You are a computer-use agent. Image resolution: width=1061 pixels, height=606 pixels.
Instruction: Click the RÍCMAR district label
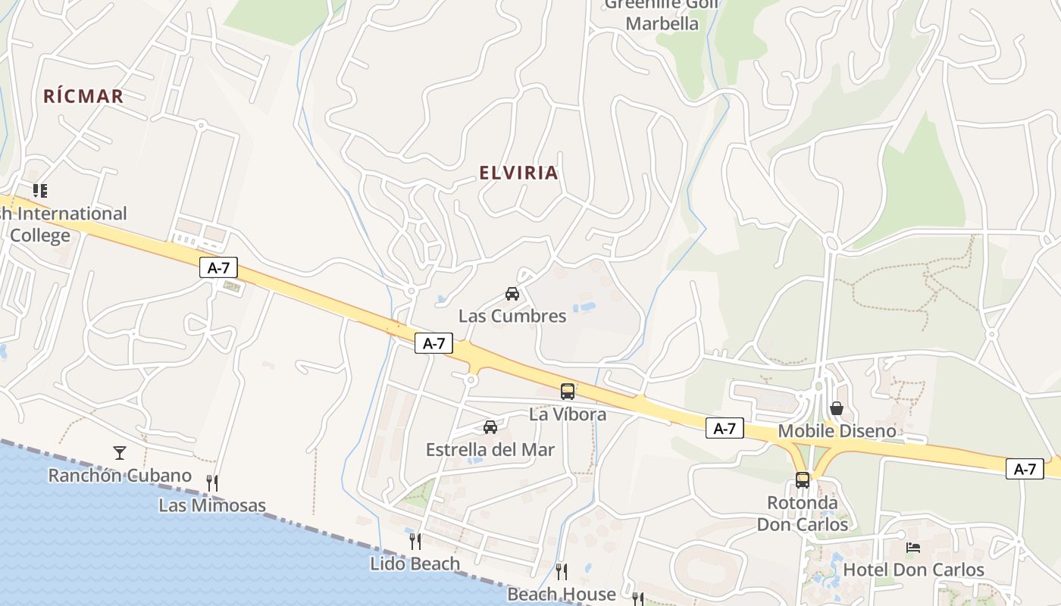click(83, 96)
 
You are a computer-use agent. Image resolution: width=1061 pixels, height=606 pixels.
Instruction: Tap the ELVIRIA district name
click(518, 173)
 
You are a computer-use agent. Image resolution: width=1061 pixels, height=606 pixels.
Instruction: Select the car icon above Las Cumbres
click(512, 294)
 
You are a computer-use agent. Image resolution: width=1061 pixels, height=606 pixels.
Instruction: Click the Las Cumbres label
click(512, 316)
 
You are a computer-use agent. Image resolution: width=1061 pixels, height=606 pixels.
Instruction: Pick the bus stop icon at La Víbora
click(568, 391)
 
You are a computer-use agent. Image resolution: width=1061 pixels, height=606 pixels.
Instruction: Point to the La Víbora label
click(568, 414)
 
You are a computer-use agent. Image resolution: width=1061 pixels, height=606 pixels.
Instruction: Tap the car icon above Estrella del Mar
click(490, 427)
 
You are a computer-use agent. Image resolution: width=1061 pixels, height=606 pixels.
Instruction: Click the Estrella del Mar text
click(490, 449)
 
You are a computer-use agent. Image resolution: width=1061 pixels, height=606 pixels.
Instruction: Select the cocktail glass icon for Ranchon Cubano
click(120, 453)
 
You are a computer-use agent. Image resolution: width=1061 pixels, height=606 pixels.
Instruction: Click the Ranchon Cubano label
click(120, 476)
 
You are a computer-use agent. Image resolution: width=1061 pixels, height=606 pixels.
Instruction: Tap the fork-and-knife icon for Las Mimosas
click(212, 483)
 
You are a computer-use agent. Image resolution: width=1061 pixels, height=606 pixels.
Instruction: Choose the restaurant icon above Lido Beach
click(415, 541)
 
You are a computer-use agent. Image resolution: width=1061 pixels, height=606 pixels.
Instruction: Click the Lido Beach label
click(415, 564)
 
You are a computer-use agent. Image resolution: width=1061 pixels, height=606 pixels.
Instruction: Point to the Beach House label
click(562, 594)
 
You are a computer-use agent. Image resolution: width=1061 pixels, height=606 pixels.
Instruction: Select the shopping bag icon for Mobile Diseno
click(837, 409)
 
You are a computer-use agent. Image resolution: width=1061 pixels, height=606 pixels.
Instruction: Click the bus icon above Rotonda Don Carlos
click(803, 480)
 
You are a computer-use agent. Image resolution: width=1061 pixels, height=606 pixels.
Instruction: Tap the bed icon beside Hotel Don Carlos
click(913, 548)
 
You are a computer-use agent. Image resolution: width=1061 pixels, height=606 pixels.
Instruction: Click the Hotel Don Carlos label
click(913, 570)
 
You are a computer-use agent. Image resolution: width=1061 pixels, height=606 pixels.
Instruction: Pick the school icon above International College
click(40, 191)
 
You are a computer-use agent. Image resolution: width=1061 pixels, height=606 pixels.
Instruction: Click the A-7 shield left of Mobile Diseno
click(725, 428)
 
